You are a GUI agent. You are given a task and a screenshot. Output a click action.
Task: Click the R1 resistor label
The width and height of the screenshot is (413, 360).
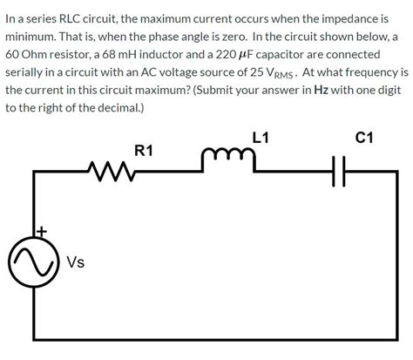(144, 151)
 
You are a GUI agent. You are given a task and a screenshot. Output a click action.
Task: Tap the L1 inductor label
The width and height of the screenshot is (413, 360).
(260, 136)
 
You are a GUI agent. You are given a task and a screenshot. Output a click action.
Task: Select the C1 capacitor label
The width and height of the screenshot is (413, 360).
(365, 136)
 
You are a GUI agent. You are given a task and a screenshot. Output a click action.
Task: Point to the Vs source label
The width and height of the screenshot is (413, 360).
(75, 261)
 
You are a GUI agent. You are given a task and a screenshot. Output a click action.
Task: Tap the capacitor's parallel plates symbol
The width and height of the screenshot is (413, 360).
(340, 172)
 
